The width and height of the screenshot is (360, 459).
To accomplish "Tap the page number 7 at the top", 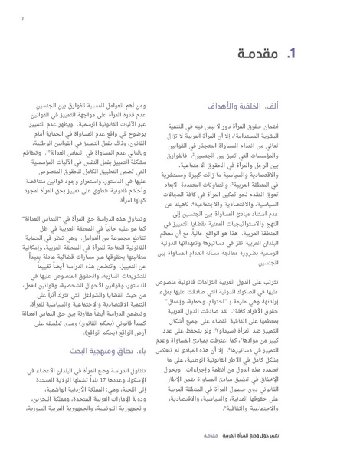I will click(x=23, y=14).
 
